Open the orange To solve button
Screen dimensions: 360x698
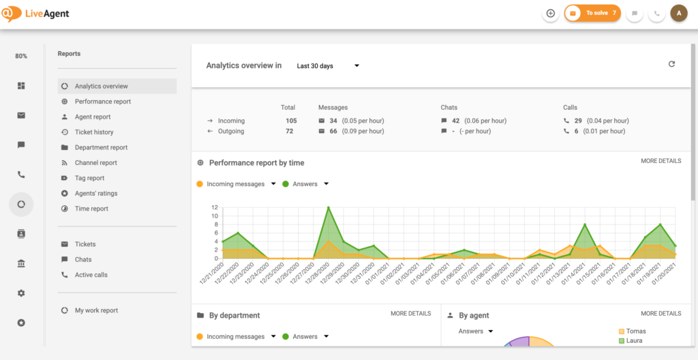point(592,13)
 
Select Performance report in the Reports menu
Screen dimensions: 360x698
point(102,102)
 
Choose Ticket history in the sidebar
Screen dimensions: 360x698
point(94,132)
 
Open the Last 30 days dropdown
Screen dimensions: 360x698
point(327,66)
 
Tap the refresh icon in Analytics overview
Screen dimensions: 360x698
point(671,64)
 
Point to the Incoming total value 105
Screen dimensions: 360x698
point(291,121)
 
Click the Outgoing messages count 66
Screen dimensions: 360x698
point(333,131)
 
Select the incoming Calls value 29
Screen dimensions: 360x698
point(578,121)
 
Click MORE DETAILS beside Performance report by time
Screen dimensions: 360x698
point(661,161)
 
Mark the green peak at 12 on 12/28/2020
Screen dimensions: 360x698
point(329,208)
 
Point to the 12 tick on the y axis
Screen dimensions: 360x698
point(214,207)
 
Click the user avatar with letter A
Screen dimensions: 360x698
point(678,13)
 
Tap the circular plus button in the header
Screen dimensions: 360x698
point(551,13)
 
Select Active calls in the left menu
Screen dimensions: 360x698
point(91,275)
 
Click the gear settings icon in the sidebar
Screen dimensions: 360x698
point(21,293)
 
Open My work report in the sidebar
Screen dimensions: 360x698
point(96,310)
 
